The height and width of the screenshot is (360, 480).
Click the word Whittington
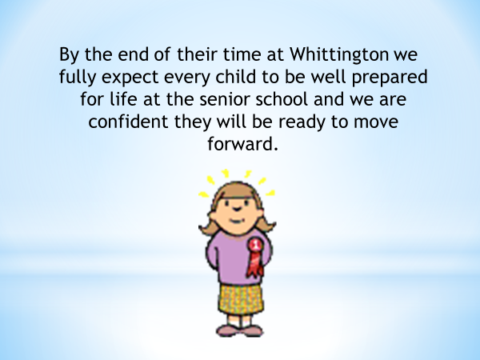(339, 55)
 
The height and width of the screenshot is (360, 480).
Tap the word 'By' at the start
(69, 55)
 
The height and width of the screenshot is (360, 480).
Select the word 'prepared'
(390, 78)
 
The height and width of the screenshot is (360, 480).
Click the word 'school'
(282, 99)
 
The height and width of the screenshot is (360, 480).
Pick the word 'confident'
(128, 122)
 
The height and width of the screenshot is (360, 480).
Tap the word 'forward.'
(242, 143)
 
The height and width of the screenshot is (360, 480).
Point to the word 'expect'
(130, 78)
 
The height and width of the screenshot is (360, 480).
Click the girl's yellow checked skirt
(242, 299)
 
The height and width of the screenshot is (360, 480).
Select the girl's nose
(238, 210)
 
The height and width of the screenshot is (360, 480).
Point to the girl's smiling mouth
(237, 221)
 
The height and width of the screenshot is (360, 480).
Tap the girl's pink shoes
(240, 330)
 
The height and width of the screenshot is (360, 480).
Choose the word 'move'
(376, 122)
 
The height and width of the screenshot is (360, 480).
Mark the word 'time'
(242, 54)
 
